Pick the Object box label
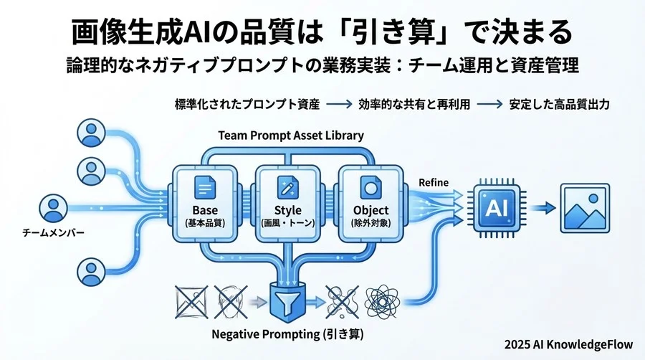pyautogui.click(x=371, y=210)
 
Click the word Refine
pyautogui.click(x=433, y=183)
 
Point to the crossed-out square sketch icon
pyautogui.click(x=188, y=300)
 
